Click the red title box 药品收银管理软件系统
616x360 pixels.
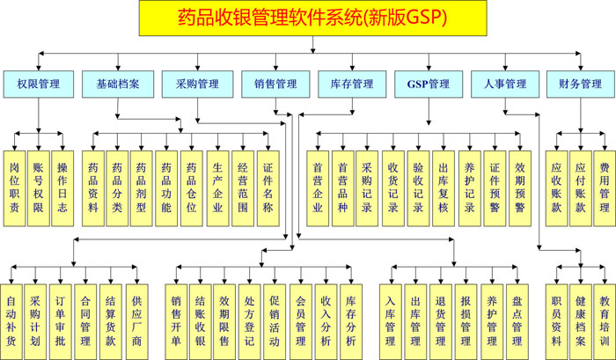point(312,17)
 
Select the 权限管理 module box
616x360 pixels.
point(38,84)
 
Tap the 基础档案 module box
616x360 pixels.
point(118,84)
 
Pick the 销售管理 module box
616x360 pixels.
point(275,84)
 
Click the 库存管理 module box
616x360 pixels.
point(351,84)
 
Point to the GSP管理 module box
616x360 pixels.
point(428,84)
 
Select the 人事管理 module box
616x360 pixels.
point(504,84)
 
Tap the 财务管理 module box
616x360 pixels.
point(580,84)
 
